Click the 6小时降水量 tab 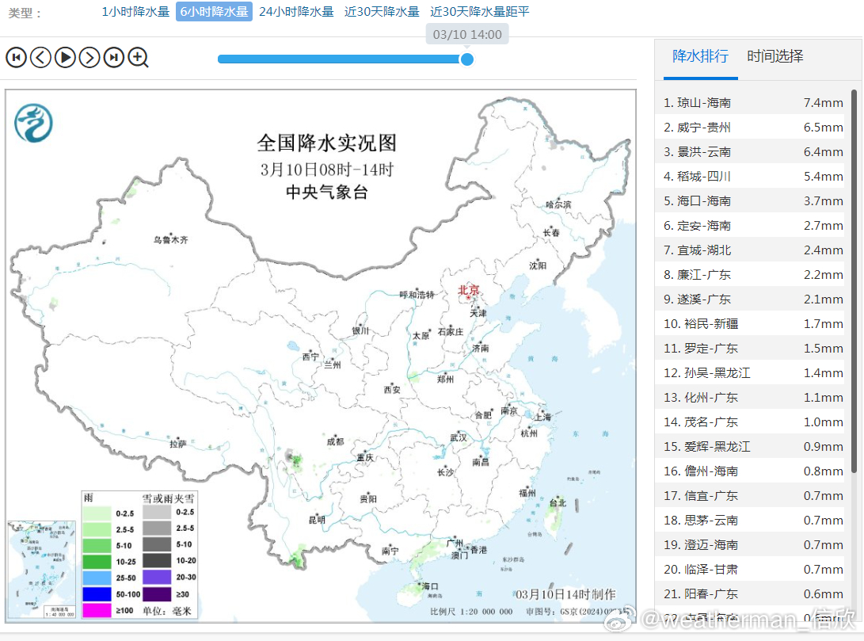214,12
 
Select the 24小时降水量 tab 296,12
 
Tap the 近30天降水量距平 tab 480,12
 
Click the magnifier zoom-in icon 139,57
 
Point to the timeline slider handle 467,59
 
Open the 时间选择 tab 775,56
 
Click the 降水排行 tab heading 700,56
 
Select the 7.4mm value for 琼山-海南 823,103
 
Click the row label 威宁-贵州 703,128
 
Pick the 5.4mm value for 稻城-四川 823,177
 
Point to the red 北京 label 469,290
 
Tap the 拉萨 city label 177,444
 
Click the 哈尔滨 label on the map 558,204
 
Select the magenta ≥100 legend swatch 97,610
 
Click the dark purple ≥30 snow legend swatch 157,593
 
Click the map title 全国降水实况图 326,143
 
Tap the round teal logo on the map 33,123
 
